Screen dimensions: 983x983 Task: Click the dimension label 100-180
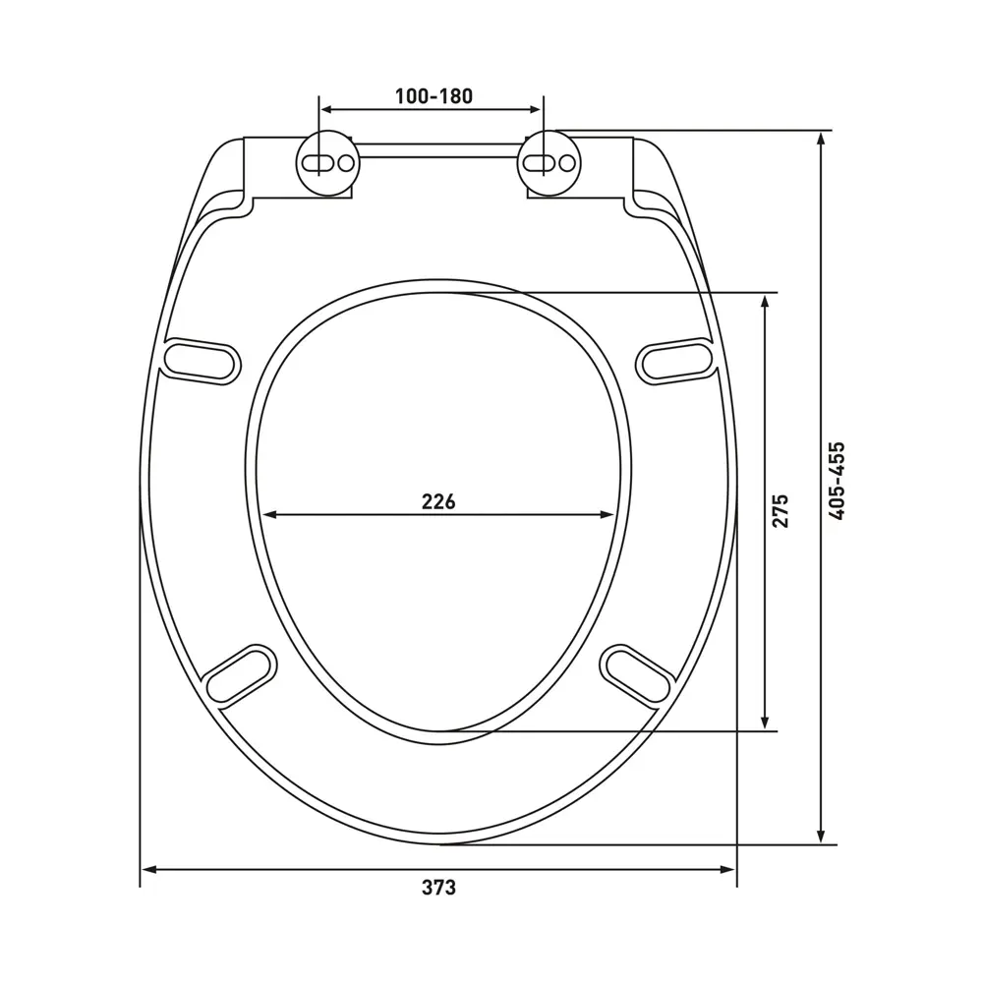434,96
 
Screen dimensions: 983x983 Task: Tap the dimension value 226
438,501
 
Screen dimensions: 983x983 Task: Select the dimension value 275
780,511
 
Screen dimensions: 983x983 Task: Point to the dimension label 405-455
837,481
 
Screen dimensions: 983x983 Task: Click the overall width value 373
438,888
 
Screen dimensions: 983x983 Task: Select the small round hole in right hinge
567,163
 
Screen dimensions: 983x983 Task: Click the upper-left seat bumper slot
202,361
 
